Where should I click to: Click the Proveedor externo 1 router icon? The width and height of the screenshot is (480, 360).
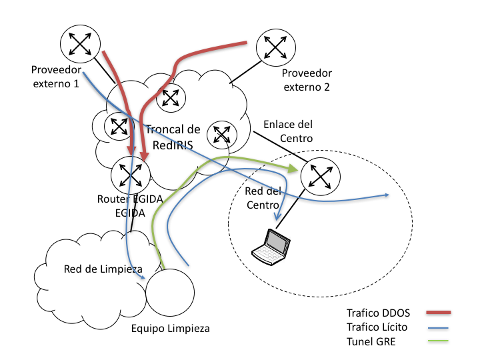coord(80,45)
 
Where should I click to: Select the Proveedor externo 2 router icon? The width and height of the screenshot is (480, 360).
coord(275,47)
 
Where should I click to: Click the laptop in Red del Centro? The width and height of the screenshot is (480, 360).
coord(272,245)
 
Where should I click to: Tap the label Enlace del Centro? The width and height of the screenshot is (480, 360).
coord(287,131)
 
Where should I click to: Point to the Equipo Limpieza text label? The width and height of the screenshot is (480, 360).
coord(170,328)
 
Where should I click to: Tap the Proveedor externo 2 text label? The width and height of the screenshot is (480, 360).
coord(307,80)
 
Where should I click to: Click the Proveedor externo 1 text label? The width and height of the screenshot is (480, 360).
coord(55,77)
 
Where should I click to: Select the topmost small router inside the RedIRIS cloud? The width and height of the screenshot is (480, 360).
coord(171,97)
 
